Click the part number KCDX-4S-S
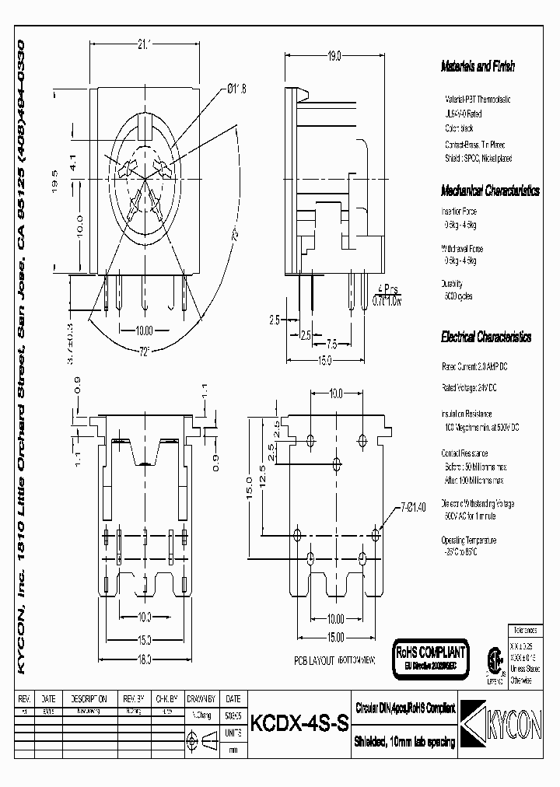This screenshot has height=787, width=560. point(298,722)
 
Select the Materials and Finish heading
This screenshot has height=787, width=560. point(478,67)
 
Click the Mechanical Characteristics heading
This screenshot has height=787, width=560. point(490,191)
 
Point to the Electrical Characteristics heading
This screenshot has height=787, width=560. point(485,338)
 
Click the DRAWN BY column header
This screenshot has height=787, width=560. point(203,698)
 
